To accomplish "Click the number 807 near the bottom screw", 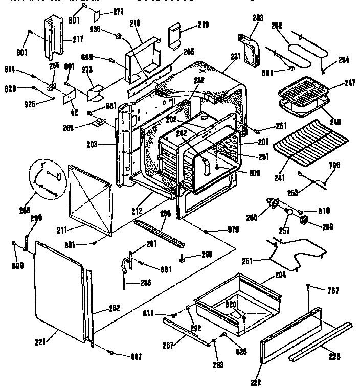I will [x=136, y=356].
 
